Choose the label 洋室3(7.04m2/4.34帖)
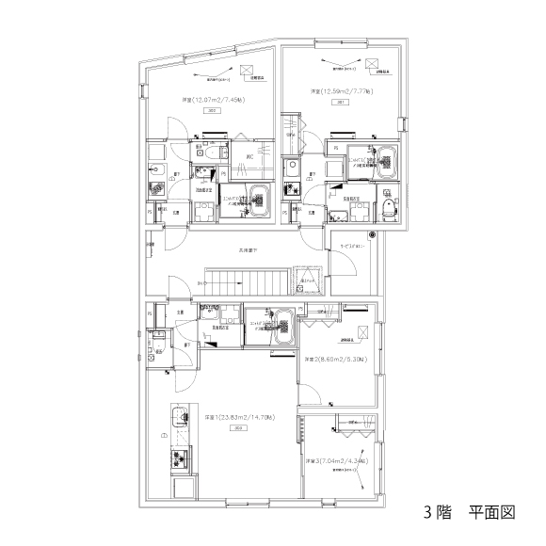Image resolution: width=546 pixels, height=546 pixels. click(335, 461)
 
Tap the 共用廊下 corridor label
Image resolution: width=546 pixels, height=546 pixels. click(248, 250)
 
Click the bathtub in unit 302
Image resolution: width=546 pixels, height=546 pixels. click(259, 198)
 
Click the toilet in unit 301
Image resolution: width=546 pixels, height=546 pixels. click(388, 206)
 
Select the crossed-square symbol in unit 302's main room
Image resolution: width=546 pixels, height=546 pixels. click(248, 69)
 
